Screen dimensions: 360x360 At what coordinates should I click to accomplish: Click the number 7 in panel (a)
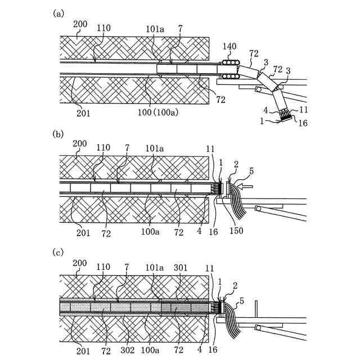179,43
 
